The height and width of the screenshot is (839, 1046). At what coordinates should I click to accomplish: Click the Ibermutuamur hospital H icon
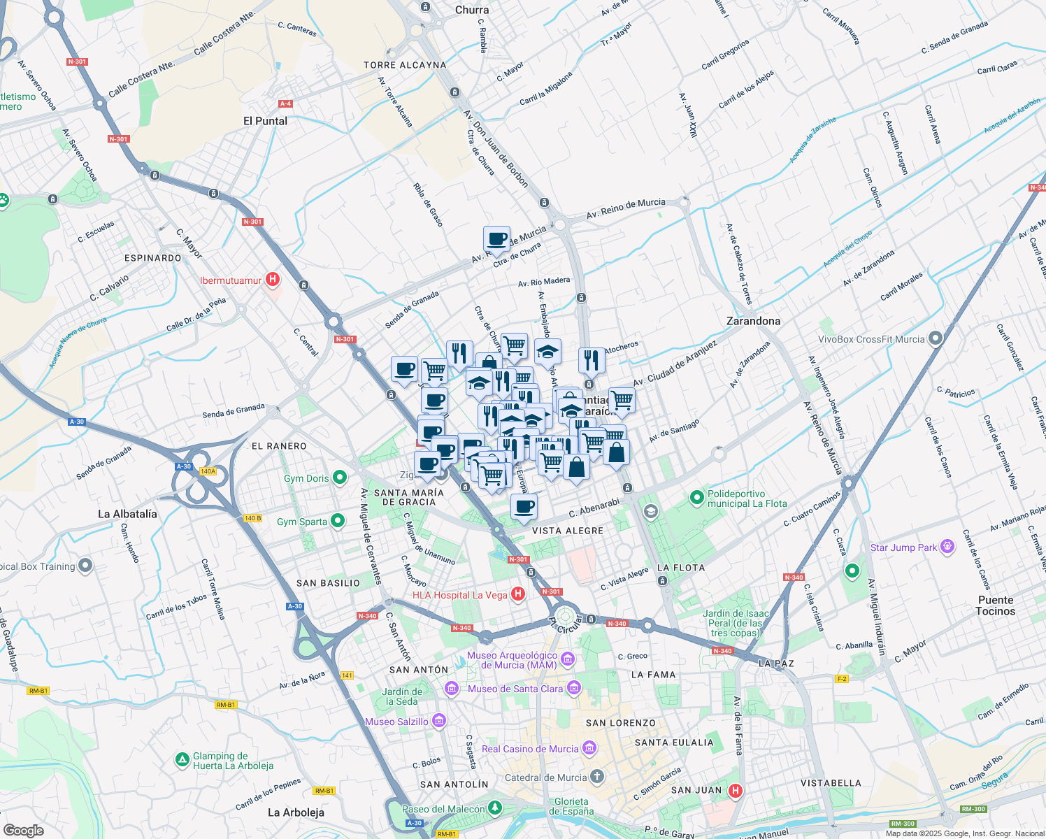(273, 280)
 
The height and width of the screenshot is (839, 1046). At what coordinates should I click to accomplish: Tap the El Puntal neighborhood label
(265, 121)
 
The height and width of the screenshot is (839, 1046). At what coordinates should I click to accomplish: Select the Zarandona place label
(753, 321)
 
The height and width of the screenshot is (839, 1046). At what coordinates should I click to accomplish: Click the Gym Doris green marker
(340, 478)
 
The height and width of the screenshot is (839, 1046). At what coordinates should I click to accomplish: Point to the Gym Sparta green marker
(338, 521)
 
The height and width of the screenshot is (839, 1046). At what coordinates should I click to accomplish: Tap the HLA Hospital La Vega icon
(517, 594)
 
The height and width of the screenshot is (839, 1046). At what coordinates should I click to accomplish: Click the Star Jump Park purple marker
(947, 547)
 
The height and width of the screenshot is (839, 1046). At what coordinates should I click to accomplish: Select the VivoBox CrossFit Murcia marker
(936, 339)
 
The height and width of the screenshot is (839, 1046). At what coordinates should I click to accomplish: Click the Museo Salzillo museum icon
(439, 721)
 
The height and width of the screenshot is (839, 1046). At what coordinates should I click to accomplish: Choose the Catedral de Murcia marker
(596, 777)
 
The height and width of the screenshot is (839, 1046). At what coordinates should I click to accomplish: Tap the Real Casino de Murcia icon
(589, 748)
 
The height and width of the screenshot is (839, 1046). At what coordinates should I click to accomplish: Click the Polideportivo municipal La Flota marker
(696, 498)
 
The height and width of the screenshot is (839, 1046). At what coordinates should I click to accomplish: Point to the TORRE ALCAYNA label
(405, 65)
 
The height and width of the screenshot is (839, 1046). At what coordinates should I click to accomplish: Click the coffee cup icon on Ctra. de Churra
(496, 239)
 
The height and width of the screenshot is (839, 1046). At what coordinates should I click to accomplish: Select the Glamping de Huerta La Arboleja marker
(182, 759)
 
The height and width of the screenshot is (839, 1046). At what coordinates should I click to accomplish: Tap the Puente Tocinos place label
(995, 605)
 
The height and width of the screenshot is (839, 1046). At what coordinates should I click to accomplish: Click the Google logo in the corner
(23, 830)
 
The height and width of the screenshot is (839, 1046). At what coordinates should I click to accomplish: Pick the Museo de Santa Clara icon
(573, 688)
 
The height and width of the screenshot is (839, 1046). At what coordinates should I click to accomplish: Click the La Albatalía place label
(127, 514)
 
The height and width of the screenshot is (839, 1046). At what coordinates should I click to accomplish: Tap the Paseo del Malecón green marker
(495, 808)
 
